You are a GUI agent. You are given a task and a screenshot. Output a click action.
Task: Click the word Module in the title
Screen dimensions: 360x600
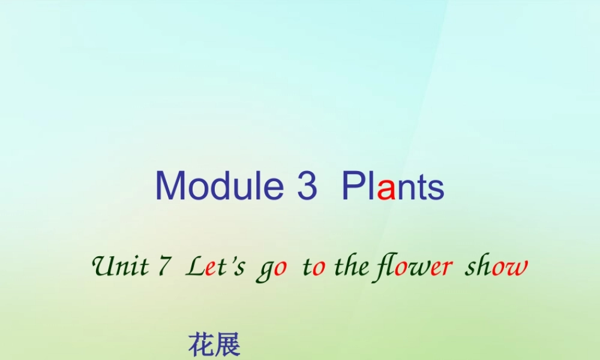pos(219,185)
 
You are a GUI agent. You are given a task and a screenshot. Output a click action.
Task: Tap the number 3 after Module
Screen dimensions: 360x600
pos(307,185)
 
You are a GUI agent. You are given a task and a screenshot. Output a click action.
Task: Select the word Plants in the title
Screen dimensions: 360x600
pos(393,185)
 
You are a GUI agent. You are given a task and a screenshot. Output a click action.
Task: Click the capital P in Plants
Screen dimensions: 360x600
pos(353,185)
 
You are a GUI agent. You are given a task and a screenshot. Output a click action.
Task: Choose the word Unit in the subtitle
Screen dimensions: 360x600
pos(119,266)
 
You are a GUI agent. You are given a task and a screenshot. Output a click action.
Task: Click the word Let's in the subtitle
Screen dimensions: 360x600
pos(215,266)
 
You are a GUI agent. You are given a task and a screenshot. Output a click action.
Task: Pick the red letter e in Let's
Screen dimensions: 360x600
pos(210,268)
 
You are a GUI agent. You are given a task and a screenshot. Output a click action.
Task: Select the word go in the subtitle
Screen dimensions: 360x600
pos(272,268)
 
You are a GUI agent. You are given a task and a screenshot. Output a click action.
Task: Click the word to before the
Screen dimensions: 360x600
pos(314,266)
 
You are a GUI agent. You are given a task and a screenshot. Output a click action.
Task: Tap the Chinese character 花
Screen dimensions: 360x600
pos(200,346)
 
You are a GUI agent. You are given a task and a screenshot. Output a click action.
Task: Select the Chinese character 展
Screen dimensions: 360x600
pos(227,346)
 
